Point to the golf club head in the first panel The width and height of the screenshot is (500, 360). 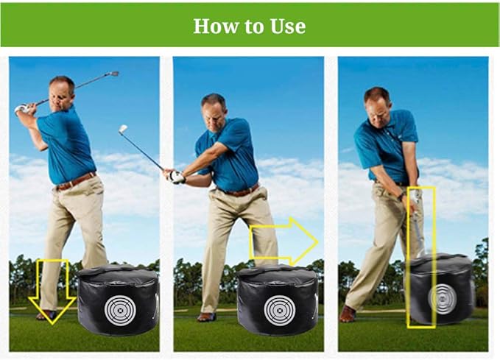tap(112, 74)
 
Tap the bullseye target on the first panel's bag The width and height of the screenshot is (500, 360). tap(119, 307)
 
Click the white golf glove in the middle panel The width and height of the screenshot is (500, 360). tap(176, 177)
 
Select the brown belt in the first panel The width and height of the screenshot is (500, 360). tap(76, 181)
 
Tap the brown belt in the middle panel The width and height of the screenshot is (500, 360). tap(238, 191)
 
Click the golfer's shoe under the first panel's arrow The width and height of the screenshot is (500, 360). tap(47, 315)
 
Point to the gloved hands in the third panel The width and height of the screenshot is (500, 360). tap(415, 197)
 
